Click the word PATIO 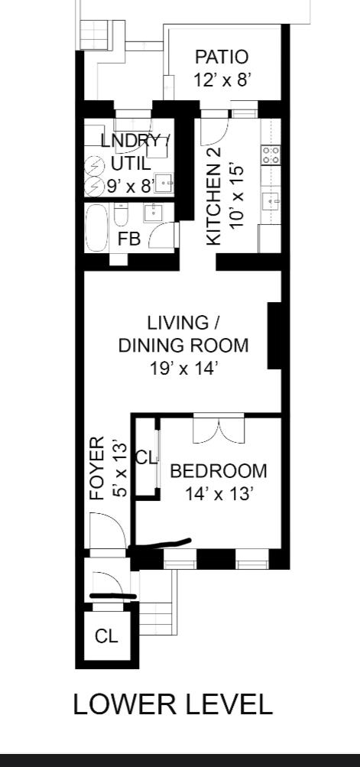coord(222,57)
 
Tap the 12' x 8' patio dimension coord(222,80)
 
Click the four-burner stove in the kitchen coord(271,155)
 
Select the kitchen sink coord(271,200)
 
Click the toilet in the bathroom coord(120,215)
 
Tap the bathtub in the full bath coord(96,227)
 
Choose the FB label coord(129,239)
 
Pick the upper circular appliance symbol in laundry coord(93,167)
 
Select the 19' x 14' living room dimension coord(183,369)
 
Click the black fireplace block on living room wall coord(274,336)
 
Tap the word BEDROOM coord(219,471)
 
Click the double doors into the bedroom coord(219,429)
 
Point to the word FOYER coord(97,468)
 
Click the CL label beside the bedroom coord(147,459)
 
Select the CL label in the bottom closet coord(107,636)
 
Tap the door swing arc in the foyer coord(109,521)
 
